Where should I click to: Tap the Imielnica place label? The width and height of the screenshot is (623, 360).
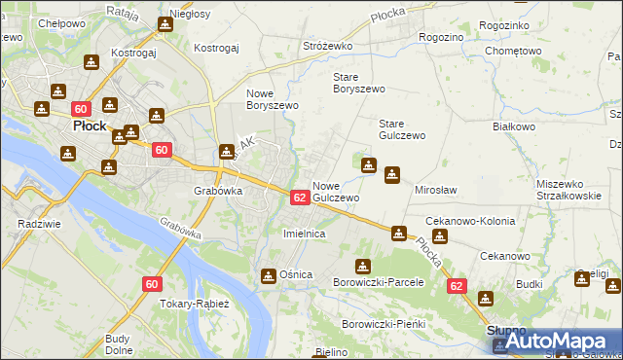pos(303,234)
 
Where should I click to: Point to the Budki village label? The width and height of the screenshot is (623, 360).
pos(530,283)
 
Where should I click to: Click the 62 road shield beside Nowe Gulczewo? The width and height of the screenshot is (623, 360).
pos(300,197)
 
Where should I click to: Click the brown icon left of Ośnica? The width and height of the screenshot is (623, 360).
pos(268,275)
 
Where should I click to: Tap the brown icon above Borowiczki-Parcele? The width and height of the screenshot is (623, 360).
pos(363,266)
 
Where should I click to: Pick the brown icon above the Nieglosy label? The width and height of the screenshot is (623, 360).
pos(165,23)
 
